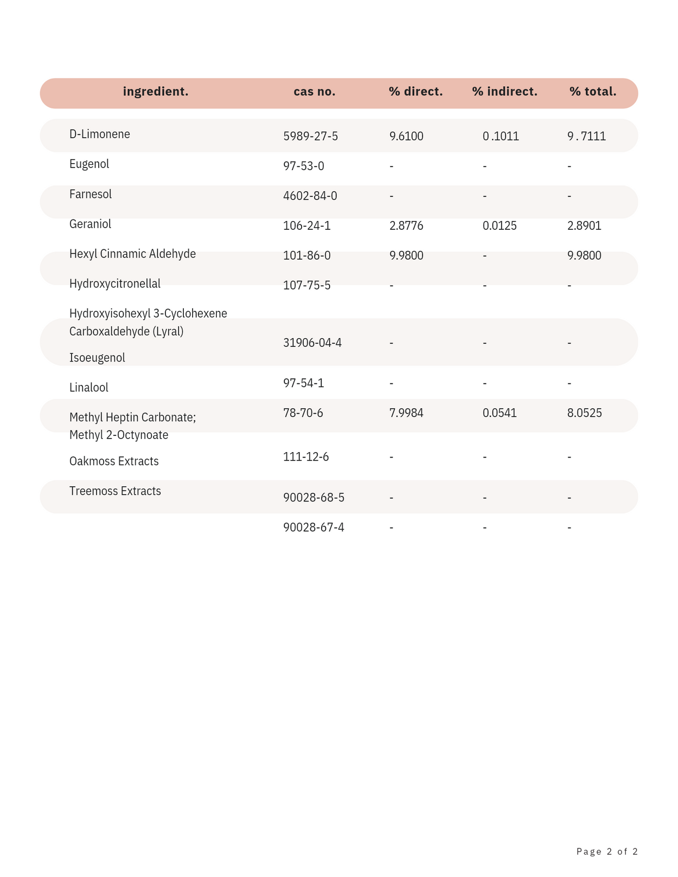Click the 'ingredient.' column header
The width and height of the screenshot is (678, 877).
(156, 92)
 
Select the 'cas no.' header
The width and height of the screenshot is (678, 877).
(315, 92)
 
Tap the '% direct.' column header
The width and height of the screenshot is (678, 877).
(415, 92)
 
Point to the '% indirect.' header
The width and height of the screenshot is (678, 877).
(504, 92)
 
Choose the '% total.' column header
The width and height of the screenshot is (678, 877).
(593, 92)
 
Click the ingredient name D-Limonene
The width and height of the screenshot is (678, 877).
(100, 134)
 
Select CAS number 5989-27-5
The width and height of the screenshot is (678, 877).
(310, 136)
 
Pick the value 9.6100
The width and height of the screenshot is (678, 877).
(406, 136)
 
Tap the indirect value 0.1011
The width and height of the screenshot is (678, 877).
(501, 136)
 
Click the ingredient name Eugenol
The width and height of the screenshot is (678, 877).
(89, 164)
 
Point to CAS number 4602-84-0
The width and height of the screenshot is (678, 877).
(310, 196)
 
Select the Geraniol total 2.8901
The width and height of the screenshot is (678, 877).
(584, 225)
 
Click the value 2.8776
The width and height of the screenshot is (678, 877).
(406, 225)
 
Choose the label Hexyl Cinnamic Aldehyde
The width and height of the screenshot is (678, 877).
(132, 254)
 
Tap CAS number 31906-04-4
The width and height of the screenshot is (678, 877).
(312, 343)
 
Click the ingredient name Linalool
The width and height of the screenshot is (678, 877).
(89, 388)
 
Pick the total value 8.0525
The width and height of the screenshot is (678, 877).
(584, 413)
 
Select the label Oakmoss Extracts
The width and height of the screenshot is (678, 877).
(114, 461)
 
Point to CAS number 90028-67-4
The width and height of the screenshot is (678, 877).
(314, 527)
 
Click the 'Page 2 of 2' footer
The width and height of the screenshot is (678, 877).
(607, 852)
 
